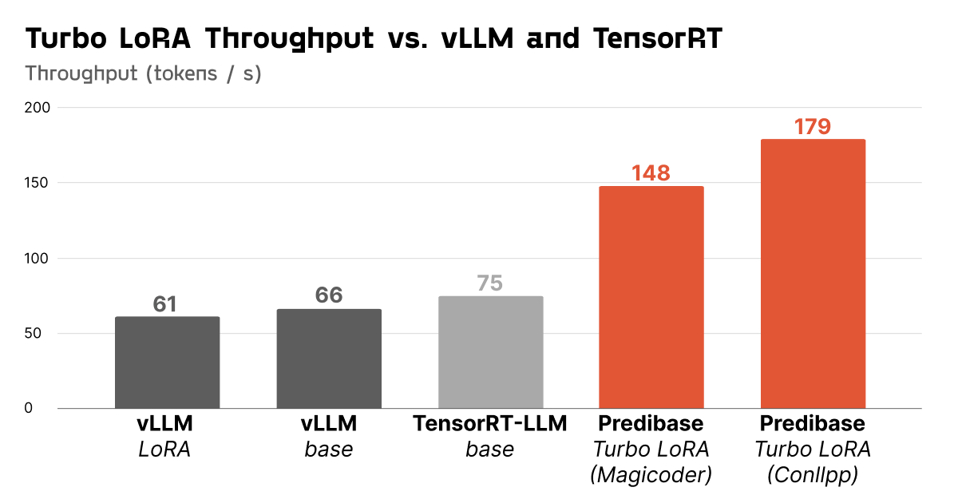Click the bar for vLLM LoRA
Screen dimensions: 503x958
tap(167, 362)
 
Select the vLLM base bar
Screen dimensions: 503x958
tap(329, 358)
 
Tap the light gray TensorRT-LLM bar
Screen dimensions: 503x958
tap(491, 352)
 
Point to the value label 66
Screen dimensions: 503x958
tap(329, 295)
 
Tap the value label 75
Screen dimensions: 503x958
tap(490, 283)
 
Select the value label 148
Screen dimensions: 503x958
tap(651, 173)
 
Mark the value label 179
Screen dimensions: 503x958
tap(813, 127)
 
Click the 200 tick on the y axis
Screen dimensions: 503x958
tap(36, 108)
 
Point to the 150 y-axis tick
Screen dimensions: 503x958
tap(36, 183)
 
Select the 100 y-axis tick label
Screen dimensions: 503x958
tap(36, 259)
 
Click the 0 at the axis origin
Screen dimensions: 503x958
tap(29, 409)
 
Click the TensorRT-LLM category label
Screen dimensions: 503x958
tap(490, 424)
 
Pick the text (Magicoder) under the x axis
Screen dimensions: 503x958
tap(651, 475)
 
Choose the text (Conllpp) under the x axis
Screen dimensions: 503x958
tap(813, 475)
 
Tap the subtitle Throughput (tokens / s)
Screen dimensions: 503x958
tap(144, 73)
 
